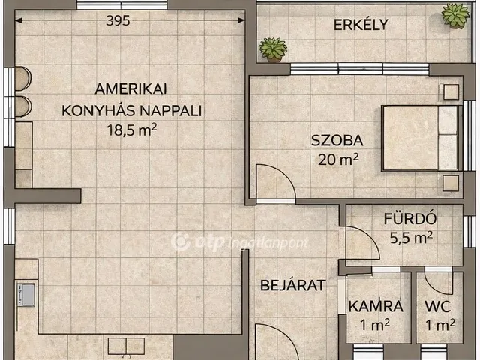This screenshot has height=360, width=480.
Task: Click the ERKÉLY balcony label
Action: coord(360,24)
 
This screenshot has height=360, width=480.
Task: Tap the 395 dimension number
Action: coord(117,20)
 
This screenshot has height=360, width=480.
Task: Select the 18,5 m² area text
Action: coord(131,129)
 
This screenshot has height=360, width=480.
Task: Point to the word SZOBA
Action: coord(337,139)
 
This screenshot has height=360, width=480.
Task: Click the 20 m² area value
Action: coord(337,158)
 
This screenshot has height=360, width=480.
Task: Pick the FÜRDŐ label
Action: coord(411,220)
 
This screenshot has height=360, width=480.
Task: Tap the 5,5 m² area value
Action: coord(411,238)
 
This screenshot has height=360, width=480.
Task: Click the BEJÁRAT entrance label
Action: coord(292,285)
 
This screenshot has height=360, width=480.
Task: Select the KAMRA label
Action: coord(376,306)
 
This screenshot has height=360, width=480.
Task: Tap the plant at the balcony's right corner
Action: coord(454,14)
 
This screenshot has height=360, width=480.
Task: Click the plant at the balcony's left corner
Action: coord(273,50)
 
